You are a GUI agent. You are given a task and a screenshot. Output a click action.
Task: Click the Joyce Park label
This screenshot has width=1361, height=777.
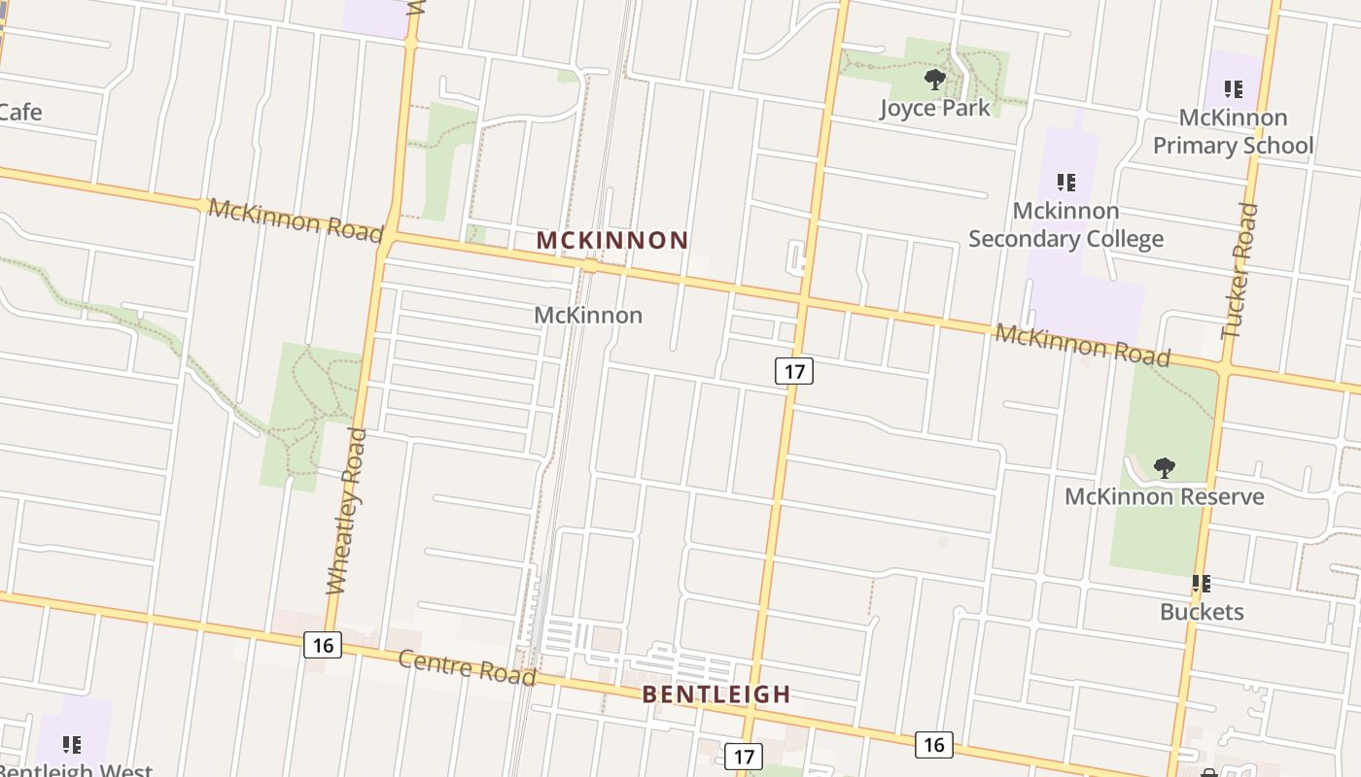(x=935, y=108)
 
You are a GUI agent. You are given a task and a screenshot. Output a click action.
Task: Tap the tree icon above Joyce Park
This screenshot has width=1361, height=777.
(x=935, y=79)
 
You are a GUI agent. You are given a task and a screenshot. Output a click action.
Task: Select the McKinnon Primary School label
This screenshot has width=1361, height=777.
(x=1233, y=131)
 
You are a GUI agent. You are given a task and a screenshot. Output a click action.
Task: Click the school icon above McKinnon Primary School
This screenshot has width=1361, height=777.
(x=1234, y=90)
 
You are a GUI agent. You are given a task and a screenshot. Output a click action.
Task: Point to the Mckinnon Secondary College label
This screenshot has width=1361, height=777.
(x=1065, y=224)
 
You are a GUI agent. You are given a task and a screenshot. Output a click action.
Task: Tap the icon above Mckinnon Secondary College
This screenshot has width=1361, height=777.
(x=1066, y=183)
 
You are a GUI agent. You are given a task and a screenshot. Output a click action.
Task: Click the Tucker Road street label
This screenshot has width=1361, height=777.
(x=1239, y=270)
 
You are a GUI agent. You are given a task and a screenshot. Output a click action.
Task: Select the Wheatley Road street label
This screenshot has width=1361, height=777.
(x=345, y=511)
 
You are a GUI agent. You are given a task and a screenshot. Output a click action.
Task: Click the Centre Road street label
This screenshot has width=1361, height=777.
(x=468, y=667)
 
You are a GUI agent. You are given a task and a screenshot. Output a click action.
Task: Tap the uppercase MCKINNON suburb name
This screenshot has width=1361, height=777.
(x=612, y=240)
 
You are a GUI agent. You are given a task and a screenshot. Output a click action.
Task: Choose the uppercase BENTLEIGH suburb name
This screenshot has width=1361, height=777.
(x=716, y=694)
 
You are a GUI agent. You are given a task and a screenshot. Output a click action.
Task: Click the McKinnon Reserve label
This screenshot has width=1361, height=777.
(x=1164, y=497)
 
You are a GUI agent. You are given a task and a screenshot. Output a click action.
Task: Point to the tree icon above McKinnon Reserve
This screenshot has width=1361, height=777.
(x=1164, y=468)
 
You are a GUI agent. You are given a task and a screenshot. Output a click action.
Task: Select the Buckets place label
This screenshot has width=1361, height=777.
(x=1202, y=612)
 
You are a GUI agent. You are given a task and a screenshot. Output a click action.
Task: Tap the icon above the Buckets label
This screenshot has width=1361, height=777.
(x=1202, y=584)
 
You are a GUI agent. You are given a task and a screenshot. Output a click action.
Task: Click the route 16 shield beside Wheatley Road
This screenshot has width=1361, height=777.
(x=323, y=645)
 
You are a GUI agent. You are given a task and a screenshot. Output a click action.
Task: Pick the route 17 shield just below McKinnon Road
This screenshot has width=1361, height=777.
(x=793, y=371)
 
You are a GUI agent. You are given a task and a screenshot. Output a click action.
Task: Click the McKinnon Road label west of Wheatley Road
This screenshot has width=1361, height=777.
(x=296, y=220)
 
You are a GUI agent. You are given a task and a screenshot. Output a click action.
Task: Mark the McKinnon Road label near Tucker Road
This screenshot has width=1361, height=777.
(x=1082, y=345)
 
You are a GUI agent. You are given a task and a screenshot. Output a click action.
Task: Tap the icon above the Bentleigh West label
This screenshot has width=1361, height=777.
(x=72, y=745)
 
